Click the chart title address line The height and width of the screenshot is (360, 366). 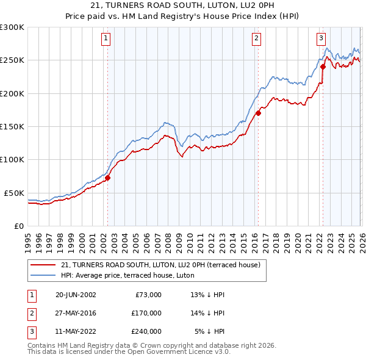[x=183, y=5]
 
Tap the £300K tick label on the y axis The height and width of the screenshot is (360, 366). [x=12, y=27]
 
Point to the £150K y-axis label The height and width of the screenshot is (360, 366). [x=12, y=126]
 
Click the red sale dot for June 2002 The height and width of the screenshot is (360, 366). [x=108, y=178]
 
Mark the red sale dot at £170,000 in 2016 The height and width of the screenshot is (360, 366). [x=258, y=113]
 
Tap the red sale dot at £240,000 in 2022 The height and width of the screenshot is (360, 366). [x=323, y=67]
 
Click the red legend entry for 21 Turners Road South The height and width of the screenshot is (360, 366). [x=160, y=265]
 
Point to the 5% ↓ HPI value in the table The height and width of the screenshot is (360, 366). [x=209, y=331]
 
